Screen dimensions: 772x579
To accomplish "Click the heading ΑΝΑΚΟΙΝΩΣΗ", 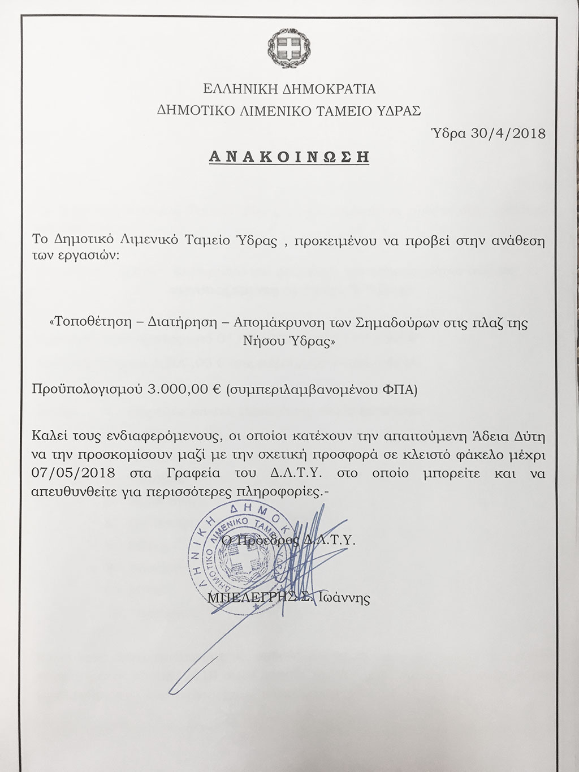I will click(x=289, y=156).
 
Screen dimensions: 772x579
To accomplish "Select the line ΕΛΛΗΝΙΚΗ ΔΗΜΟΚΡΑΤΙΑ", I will click(x=289, y=89).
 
